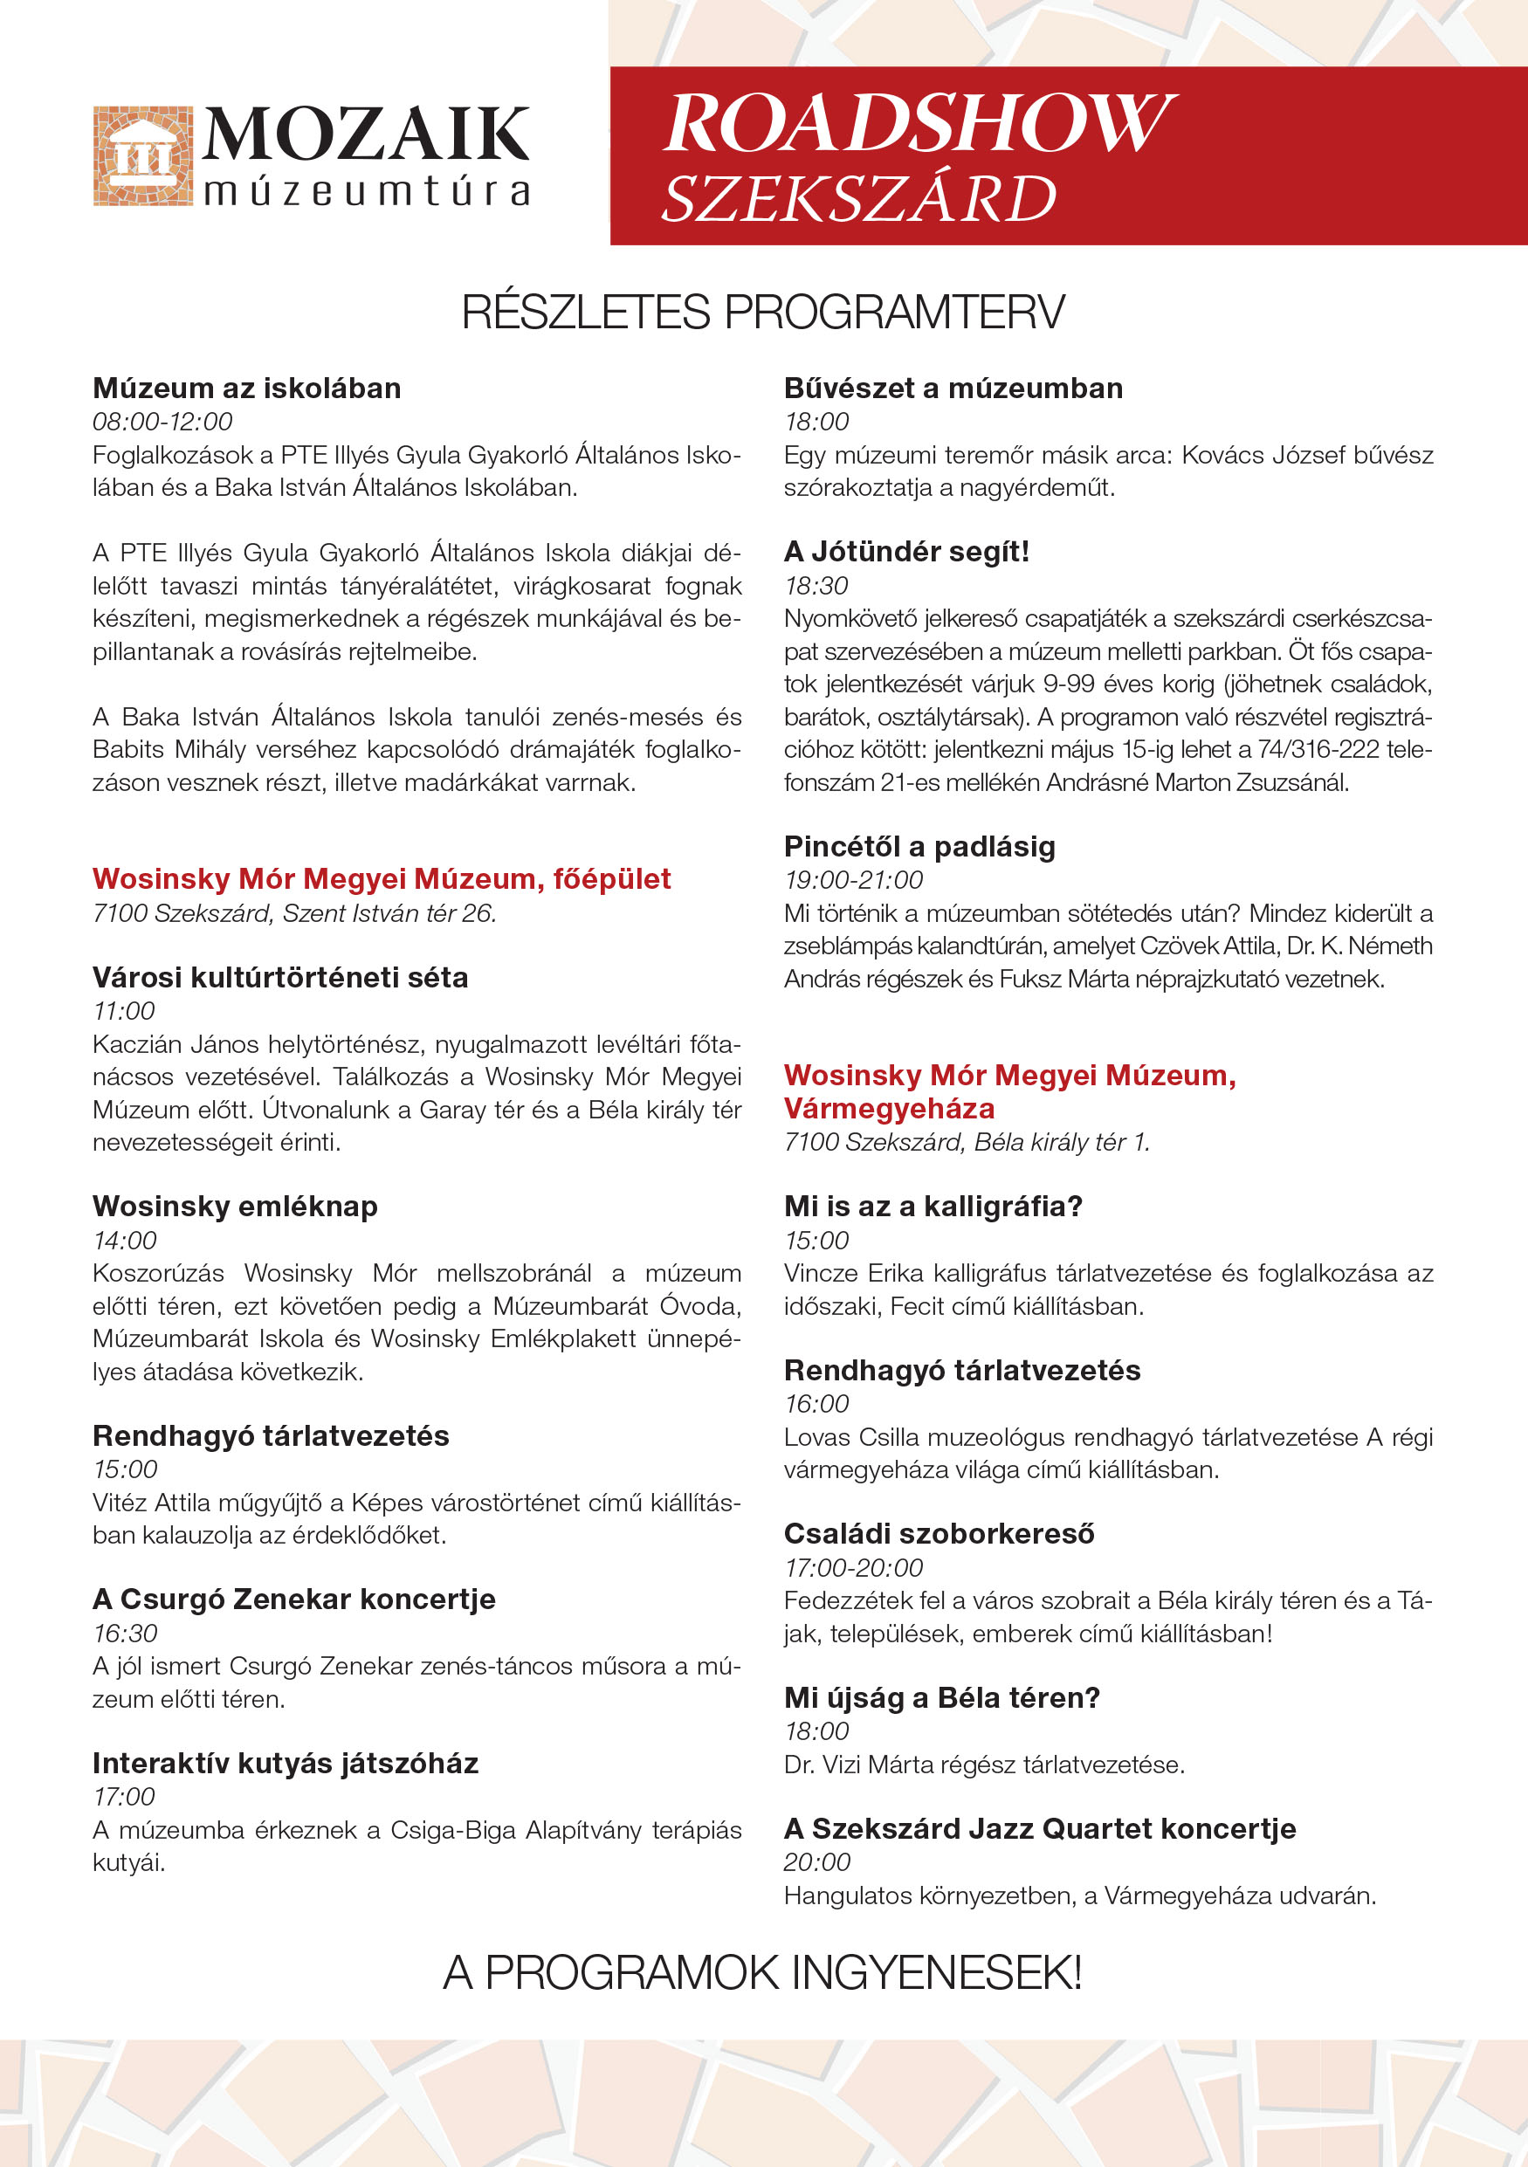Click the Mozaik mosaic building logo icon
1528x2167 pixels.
pyautogui.click(x=142, y=155)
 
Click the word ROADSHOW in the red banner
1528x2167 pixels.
pyautogui.click(x=918, y=123)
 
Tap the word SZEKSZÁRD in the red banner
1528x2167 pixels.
pyautogui.click(x=858, y=199)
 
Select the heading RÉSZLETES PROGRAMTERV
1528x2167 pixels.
pyautogui.click(x=762, y=313)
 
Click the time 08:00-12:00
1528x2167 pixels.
pyautogui.click(x=162, y=422)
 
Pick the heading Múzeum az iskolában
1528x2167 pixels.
pyautogui.click(x=246, y=388)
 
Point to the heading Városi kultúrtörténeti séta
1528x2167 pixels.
pyautogui.click(x=280, y=977)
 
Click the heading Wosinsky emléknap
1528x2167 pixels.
pyautogui.click(x=235, y=1207)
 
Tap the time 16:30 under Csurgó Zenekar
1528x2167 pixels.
pyautogui.click(x=125, y=1633)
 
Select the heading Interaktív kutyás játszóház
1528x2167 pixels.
pyautogui.click(x=285, y=1763)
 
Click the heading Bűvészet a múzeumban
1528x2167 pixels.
pyautogui.click(x=953, y=388)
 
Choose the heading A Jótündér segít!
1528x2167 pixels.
pyautogui.click(x=906, y=551)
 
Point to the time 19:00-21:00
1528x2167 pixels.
pyautogui.click(x=853, y=880)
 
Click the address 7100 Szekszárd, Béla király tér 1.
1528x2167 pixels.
pyautogui.click(x=967, y=1142)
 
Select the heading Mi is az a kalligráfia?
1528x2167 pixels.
pyautogui.click(x=933, y=1207)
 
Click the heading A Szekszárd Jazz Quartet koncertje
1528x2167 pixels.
pyautogui.click(x=1039, y=1828)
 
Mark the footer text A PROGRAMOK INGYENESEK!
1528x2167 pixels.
pyautogui.click(x=762, y=1972)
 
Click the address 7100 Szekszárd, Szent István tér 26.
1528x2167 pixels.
pyautogui.click(x=294, y=913)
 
